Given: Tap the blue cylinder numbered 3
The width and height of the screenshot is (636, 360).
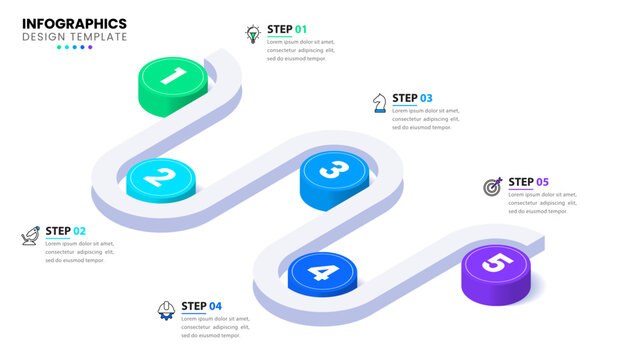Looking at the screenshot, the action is [334, 171].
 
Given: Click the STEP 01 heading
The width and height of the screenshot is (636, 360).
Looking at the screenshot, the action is [288, 29].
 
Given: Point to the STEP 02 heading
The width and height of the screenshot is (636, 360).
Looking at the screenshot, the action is [66, 231].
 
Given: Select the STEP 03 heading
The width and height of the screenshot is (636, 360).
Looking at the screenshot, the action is [412, 98].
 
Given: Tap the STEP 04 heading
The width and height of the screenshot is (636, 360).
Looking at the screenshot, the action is [202, 306].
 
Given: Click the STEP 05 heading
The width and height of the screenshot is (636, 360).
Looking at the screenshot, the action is [529, 182].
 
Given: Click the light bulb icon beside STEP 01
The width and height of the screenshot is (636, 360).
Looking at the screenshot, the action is [253, 34].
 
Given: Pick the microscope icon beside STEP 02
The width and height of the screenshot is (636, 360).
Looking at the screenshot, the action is [30, 237].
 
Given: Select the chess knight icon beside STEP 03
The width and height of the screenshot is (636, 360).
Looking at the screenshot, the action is [378, 102].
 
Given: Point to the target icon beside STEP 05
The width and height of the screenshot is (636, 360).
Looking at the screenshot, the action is [492, 186].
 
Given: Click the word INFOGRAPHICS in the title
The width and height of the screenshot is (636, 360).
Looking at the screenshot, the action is [74, 23].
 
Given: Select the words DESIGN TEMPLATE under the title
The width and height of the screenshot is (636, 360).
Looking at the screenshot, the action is [74, 37].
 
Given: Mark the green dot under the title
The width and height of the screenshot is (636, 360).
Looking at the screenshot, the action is [60, 47].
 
